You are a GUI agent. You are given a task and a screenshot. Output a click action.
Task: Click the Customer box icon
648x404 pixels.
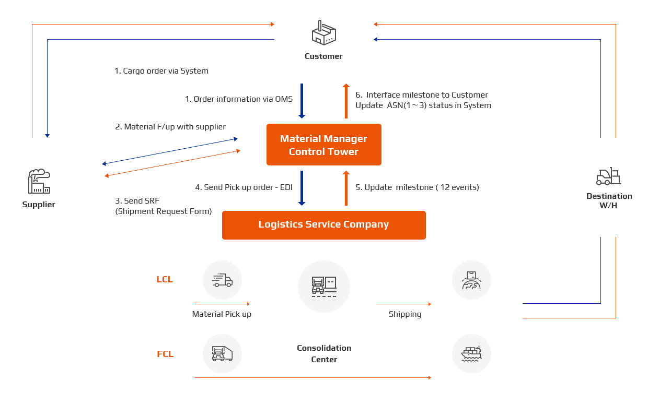[x=323, y=33]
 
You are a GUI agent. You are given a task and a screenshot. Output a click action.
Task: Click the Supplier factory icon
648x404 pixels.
[x=39, y=181]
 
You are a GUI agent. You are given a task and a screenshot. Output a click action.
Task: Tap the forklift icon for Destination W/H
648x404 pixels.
[x=608, y=176]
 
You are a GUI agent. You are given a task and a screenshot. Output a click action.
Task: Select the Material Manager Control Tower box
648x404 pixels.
[x=323, y=145]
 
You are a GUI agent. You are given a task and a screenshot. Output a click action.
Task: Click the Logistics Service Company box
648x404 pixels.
[x=323, y=224]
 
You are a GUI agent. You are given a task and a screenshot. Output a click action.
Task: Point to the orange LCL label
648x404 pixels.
[x=165, y=279]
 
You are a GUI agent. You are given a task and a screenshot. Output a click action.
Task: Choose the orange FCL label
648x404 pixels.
[x=165, y=354]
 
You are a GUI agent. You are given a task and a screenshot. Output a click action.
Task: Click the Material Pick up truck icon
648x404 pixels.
[x=222, y=280]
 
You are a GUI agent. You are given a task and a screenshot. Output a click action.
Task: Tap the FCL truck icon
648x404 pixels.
[x=222, y=353]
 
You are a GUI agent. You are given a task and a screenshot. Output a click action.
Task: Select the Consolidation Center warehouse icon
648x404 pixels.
[x=324, y=286]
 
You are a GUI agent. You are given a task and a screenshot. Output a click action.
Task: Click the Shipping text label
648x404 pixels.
[x=405, y=314]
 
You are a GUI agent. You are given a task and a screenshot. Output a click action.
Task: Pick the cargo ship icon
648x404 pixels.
[x=471, y=354]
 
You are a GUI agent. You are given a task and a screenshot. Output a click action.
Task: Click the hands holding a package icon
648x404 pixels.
[x=471, y=280]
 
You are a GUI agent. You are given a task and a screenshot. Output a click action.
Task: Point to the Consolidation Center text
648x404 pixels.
[x=324, y=353]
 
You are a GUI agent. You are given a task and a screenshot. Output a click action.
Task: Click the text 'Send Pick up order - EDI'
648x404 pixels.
[x=244, y=187]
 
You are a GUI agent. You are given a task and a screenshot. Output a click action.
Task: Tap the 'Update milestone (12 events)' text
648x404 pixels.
[x=418, y=187]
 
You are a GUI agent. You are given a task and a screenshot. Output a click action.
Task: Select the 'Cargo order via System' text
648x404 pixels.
[x=162, y=71]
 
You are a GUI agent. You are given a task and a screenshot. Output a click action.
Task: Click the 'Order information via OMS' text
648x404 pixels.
[x=239, y=99]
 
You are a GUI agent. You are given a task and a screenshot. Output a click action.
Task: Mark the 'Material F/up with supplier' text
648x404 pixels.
[x=171, y=127]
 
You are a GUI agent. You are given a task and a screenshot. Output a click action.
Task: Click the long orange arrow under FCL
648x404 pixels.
[x=313, y=377]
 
